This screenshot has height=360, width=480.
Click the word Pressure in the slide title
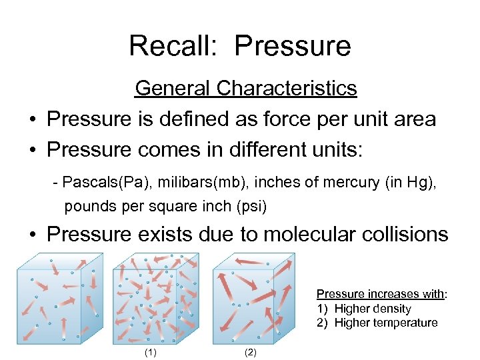click(293, 46)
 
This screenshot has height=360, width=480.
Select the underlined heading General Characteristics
click(246, 88)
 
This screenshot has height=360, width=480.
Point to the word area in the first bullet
click(411, 119)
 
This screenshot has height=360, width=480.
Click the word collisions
click(407, 235)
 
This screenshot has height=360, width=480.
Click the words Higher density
click(373, 309)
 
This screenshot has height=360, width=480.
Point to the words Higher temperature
click(386, 323)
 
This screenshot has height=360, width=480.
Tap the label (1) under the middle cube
click(151, 352)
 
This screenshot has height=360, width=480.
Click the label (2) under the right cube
click(250, 352)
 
